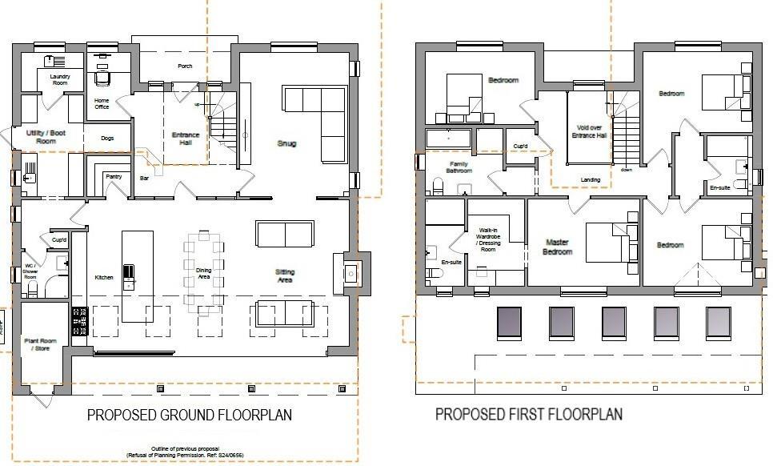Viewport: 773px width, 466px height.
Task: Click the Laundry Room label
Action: (60, 79)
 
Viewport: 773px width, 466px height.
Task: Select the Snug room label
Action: (287, 144)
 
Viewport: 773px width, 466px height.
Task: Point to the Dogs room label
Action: (107, 139)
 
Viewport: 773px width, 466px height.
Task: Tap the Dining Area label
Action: (204, 274)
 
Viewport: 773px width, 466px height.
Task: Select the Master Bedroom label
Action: (558, 246)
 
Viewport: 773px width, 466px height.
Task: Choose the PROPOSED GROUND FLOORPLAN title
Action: (189, 415)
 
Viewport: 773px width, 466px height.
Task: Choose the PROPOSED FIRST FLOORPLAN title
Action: (529, 414)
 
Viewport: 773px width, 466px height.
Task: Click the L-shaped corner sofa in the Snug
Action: (314, 120)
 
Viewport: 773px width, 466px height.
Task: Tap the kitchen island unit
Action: (137, 276)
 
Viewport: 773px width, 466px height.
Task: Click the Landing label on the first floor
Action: (591, 180)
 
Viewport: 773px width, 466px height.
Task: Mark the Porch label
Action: (185, 66)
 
